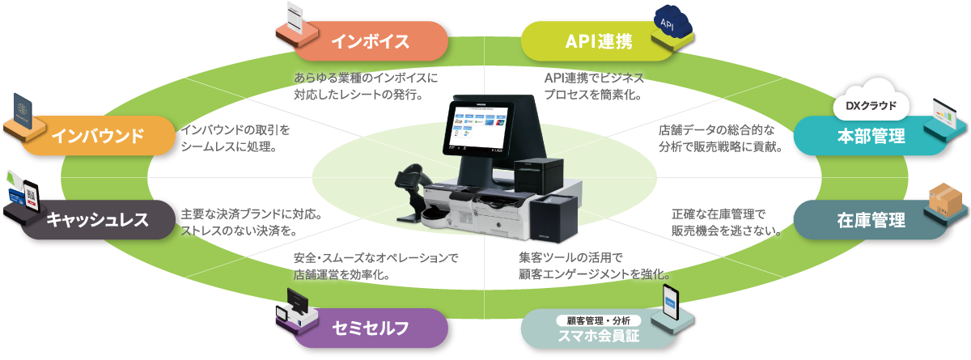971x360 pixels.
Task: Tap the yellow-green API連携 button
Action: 600,41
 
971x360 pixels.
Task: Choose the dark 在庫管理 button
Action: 871,219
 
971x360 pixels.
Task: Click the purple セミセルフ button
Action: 370,328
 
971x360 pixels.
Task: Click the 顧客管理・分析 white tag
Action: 598,320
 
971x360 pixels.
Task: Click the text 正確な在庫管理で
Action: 718,214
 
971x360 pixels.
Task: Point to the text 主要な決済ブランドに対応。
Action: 253,215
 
